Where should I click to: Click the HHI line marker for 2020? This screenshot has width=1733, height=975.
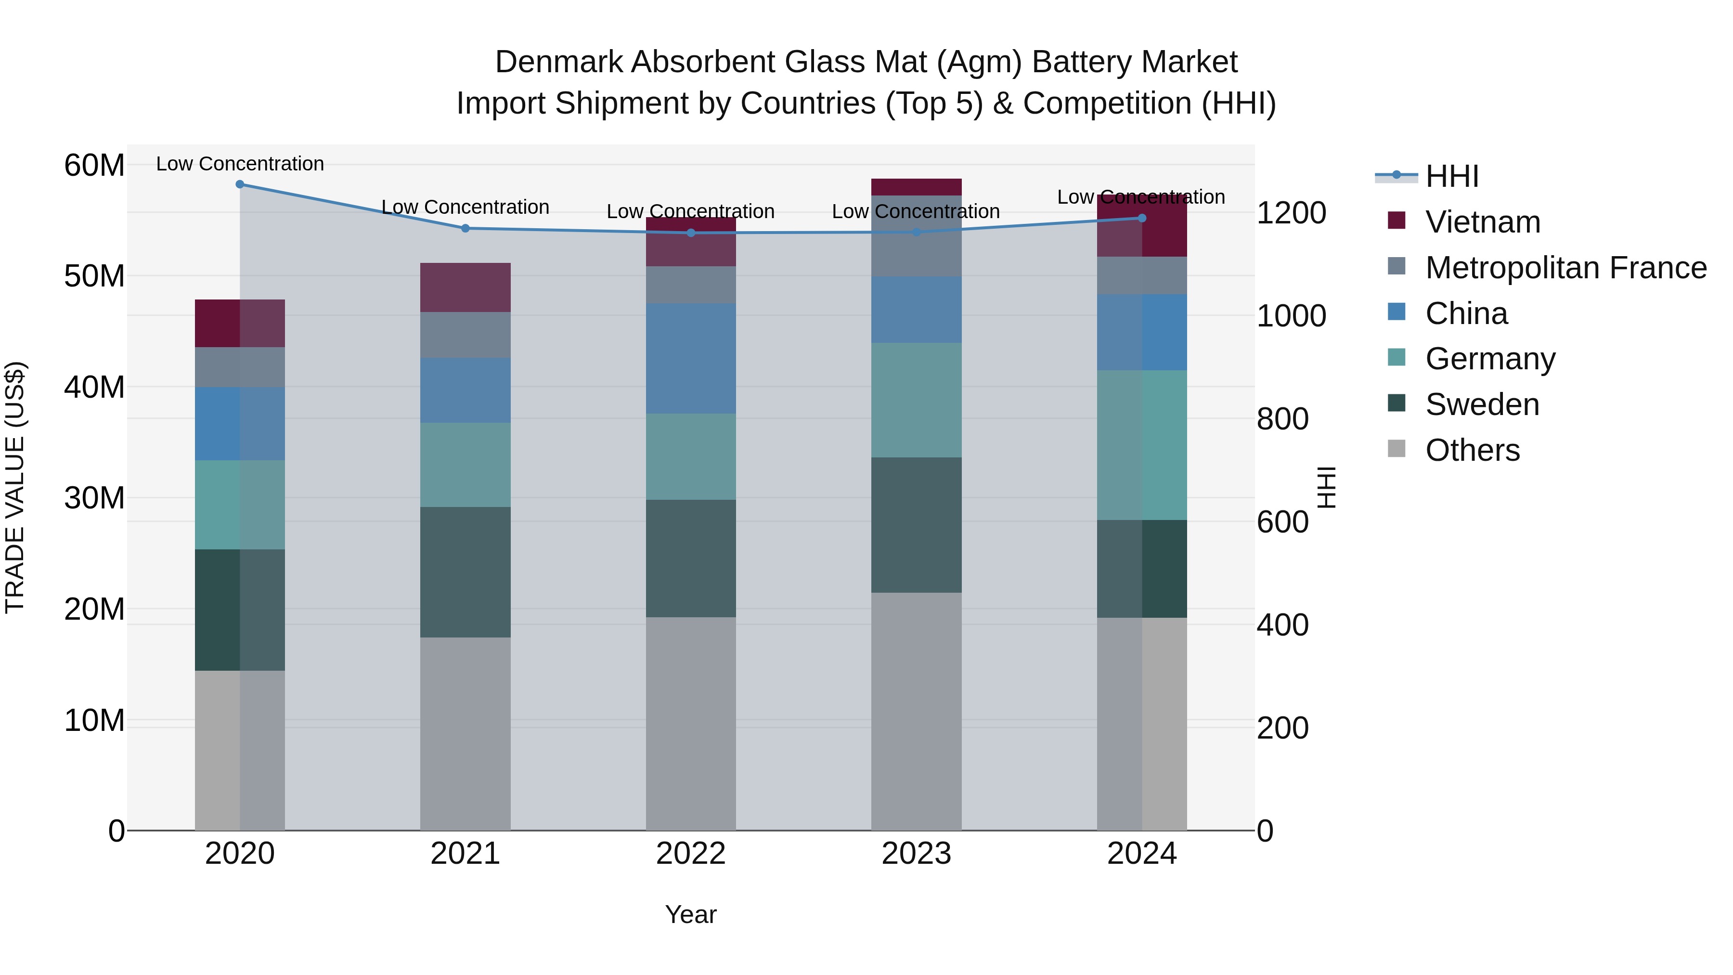pos(240,184)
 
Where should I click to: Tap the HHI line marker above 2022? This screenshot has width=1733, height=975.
pos(691,233)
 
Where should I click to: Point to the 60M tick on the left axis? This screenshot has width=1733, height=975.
pos(94,166)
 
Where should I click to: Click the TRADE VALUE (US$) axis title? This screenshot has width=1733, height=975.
pos(15,487)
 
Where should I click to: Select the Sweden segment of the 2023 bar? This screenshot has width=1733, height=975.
pos(916,525)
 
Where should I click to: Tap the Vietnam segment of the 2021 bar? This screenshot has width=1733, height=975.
pos(465,287)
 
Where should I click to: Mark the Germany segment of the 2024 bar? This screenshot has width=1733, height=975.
pos(1142,445)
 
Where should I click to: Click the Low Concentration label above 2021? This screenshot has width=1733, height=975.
pos(465,207)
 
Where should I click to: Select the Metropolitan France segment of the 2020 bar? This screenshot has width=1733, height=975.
pos(240,367)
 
